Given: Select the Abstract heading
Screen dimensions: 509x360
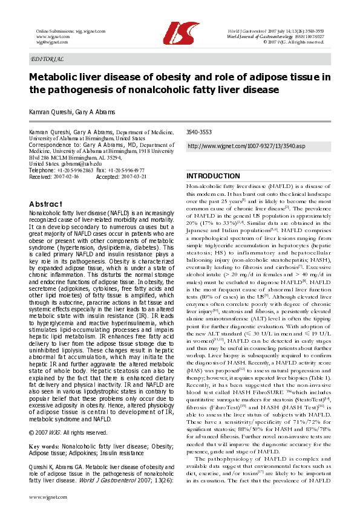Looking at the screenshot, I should (x=46, y=204).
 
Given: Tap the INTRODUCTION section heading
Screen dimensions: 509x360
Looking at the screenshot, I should (x=213, y=176).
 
